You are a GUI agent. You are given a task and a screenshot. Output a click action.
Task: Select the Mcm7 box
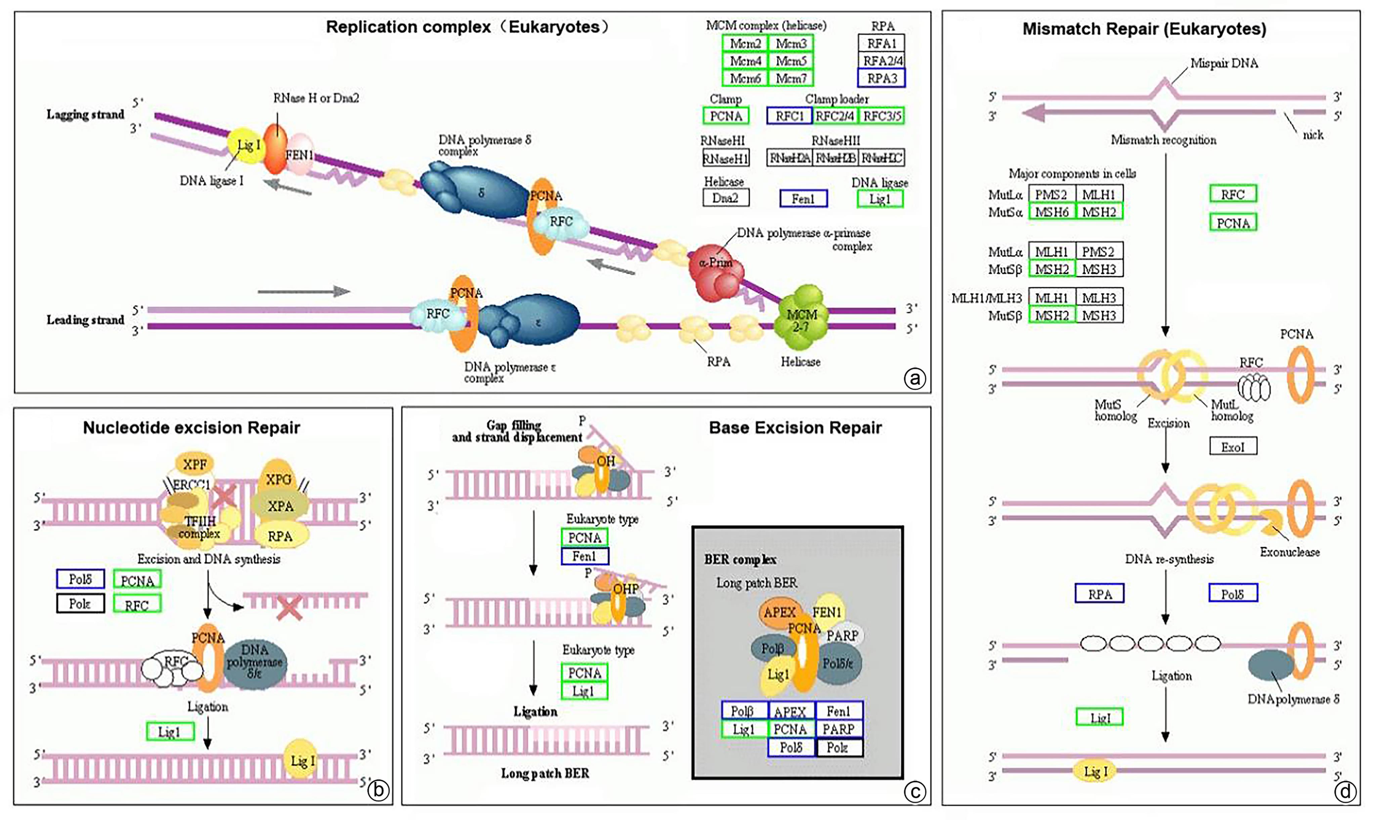click(x=791, y=79)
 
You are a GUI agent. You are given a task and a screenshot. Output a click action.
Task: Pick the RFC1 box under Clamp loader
click(x=789, y=116)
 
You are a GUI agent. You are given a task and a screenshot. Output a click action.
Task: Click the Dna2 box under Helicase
click(x=725, y=198)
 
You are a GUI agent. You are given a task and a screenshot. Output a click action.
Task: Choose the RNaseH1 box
click(x=725, y=159)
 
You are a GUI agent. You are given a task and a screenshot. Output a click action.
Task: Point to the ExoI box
click(x=1233, y=446)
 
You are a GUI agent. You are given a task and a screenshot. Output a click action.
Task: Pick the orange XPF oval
click(x=194, y=465)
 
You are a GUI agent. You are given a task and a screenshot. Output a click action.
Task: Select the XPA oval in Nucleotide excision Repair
click(x=280, y=506)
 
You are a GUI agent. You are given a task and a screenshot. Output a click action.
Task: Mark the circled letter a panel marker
click(x=915, y=379)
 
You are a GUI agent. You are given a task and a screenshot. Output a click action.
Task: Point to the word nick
click(x=1313, y=135)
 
